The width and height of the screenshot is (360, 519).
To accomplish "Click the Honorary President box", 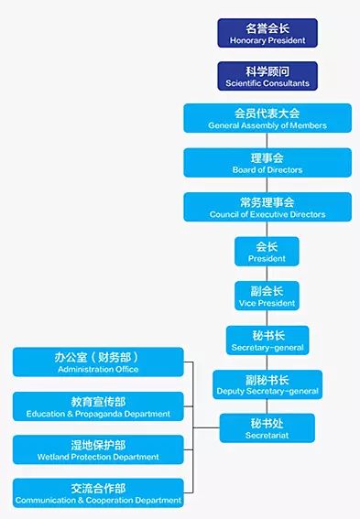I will (x=267, y=33).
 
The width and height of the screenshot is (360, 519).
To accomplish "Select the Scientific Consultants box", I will (x=267, y=76).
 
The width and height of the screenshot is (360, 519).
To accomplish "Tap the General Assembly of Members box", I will (x=267, y=118).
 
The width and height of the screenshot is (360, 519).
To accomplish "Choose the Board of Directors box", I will (x=267, y=163).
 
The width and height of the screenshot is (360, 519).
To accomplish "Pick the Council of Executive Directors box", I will (x=267, y=207).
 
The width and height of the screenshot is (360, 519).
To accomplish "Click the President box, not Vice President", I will (x=267, y=252).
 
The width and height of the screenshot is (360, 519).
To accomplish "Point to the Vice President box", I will (x=267, y=296).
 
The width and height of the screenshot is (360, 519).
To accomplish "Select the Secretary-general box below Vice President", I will (x=267, y=341).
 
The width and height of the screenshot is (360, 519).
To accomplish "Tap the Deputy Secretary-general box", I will (x=267, y=384).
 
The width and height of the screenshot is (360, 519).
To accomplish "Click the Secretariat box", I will (x=267, y=428).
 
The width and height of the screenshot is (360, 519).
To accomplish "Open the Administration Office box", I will (x=97, y=362).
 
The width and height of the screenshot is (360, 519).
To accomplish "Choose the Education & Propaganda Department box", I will (x=97, y=406).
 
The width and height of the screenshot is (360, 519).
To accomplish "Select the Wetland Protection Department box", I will (x=97, y=449).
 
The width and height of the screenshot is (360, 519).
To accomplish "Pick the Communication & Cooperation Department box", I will (x=97, y=493).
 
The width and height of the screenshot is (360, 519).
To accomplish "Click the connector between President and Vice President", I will (x=267, y=274).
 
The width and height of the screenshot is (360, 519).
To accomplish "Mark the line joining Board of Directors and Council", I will (x=267, y=185).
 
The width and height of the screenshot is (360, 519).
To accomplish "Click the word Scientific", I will (x=245, y=83).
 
